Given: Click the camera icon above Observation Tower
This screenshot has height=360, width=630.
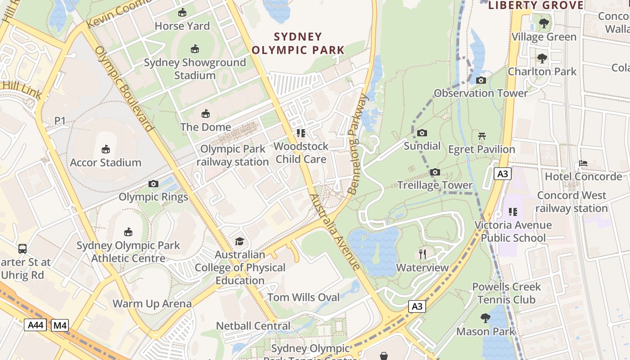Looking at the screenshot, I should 481,81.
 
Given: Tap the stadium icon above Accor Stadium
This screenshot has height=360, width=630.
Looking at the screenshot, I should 106,149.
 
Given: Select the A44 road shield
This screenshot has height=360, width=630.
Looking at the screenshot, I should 35,324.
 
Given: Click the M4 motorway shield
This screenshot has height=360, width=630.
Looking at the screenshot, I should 59,324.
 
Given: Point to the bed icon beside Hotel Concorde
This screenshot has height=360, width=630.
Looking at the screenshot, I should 583,163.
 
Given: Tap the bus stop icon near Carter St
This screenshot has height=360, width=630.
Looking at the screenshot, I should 22,248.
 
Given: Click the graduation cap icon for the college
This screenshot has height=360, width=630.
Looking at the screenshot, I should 239,242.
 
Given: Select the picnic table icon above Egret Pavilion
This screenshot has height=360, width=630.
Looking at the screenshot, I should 481,136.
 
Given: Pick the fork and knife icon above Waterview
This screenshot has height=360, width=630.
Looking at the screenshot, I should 422,254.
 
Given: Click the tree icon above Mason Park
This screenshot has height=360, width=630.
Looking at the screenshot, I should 485,318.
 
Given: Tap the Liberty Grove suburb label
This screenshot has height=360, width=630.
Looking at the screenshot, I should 535,5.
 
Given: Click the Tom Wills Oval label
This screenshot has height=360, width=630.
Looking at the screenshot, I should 304,297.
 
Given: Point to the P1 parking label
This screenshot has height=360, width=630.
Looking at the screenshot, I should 60,121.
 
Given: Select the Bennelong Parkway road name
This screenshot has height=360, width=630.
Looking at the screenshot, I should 358,144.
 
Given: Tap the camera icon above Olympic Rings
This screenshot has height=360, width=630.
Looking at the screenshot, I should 153,184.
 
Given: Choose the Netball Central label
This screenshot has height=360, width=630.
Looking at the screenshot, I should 253,326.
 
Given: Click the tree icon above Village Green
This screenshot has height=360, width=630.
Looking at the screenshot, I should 544,23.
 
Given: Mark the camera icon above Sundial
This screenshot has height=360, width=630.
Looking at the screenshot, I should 422,133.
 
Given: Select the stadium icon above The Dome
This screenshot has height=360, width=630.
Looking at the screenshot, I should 206,113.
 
